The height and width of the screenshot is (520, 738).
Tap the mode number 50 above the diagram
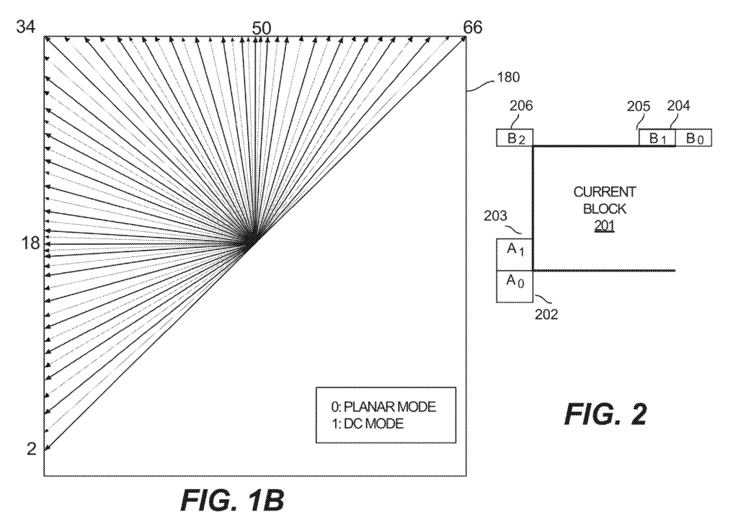(x=261, y=28)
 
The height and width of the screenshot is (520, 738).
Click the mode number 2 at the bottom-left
(x=31, y=449)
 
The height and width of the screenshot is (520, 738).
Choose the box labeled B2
(x=514, y=138)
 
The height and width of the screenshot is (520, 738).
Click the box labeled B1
(x=657, y=138)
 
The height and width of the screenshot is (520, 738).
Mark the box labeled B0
(x=694, y=138)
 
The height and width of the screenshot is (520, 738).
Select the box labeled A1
(x=515, y=254)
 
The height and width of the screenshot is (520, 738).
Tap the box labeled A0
(x=515, y=286)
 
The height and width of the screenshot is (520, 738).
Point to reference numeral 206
(x=520, y=106)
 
